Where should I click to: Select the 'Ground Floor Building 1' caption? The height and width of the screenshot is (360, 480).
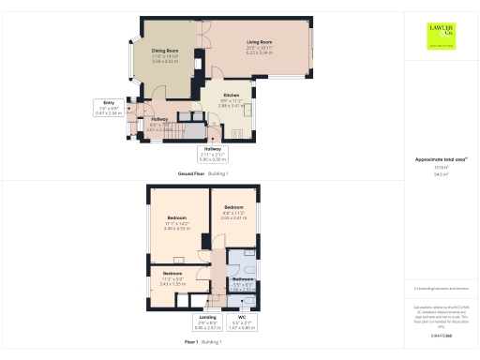click(x=203, y=174)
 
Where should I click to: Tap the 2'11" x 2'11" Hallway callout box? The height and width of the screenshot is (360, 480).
click(x=213, y=154)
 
